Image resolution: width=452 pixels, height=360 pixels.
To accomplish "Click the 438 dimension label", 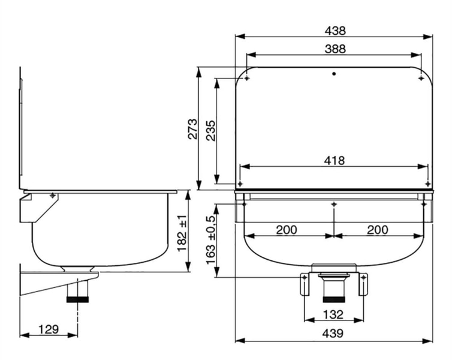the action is click(x=335, y=31).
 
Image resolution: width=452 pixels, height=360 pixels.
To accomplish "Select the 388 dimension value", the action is click(x=335, y=49).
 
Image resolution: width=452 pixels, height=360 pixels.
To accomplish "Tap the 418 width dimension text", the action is click(x=334, y=160).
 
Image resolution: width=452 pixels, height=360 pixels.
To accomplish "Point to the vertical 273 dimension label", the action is click(x=193, y=129).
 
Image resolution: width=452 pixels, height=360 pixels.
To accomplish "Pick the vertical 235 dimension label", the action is click(x=211, y=130).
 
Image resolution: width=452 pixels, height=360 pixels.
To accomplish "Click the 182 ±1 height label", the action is click(x=182, y=233).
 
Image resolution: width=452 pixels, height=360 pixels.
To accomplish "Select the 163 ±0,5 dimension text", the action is click(x=211, y=240).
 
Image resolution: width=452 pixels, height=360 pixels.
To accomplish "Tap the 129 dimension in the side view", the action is click(x=49, y=329).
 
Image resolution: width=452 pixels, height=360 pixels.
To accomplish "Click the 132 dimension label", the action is click(x=333, y=314).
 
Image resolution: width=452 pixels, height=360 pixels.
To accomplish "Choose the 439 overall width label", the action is click(x=333, y=334).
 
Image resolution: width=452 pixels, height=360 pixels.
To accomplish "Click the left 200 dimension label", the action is click(x=287, y=230).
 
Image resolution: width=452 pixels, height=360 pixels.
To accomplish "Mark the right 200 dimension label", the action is click(x=377, y=230).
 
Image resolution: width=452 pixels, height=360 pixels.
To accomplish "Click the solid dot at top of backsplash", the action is click(x=334, y=74).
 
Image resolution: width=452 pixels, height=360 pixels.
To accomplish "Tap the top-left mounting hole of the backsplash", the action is click(x=247, y=78).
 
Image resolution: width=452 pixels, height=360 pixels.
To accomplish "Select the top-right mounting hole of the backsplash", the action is click(x=421, y=78).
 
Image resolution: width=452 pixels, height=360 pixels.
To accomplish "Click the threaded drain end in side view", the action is click(x=77, y=299).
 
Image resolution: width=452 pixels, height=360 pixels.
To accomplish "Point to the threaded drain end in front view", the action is click(x=334, y=299).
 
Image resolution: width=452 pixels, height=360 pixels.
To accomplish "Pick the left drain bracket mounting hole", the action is click(x=305, y=277).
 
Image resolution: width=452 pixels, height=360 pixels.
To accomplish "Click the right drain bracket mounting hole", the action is click(x=363, y=277).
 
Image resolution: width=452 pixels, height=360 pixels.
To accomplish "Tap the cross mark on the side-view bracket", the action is click(x=53, y=196).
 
